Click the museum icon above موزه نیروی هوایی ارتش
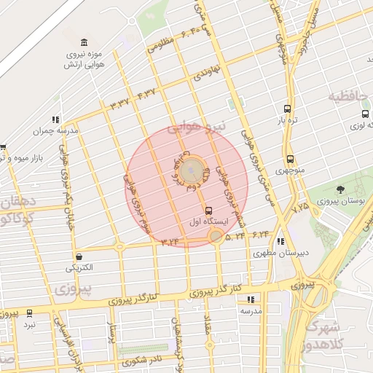click(x=85, y=41)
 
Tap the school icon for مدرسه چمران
click(x=55, y=119)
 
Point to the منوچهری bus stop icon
click(x=290, y=159)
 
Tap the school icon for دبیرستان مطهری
click(x=281, y=242)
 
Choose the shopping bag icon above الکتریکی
click(x=79, y=256)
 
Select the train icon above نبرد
click(x=29, y=313)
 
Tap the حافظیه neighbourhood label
click(x=345, y=95)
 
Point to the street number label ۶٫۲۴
click(x=261, y=234)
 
